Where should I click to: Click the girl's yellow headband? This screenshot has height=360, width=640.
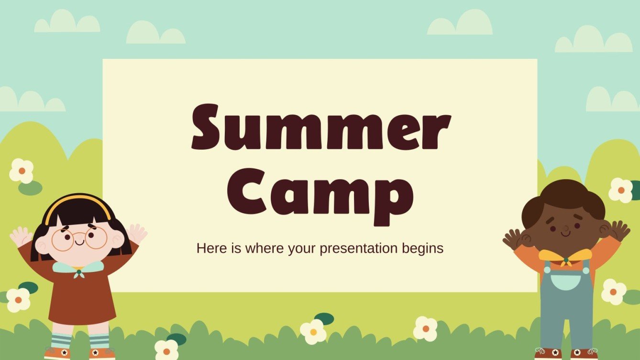78,201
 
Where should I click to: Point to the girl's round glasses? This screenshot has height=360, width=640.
79,239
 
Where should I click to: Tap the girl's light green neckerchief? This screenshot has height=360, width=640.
77,268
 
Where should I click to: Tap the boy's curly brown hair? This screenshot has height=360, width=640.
564,196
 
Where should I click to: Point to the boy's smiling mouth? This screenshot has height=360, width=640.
565,234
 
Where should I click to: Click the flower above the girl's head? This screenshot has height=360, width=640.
22,171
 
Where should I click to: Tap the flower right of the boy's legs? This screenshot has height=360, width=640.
614,292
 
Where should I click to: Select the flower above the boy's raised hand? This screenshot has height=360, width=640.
621,190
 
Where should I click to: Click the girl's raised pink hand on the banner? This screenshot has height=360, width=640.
137,234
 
